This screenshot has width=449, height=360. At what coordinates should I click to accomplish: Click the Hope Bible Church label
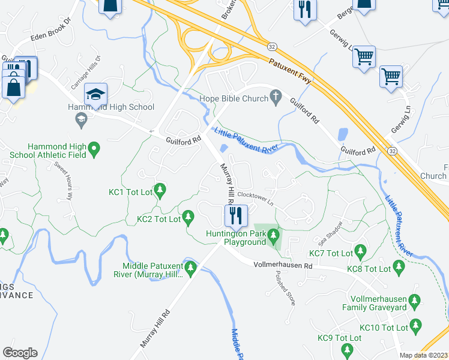coord(234,97)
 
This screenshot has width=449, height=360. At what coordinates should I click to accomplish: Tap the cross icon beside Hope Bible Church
coord(276,96)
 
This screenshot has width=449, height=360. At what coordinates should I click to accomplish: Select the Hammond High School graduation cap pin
coord(95,95)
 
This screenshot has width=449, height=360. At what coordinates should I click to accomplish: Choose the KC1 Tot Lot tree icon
coord(160,191)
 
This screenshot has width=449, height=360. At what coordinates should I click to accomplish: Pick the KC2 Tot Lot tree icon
coord(188,215)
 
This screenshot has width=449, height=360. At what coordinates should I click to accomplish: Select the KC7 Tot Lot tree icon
coord(361,250)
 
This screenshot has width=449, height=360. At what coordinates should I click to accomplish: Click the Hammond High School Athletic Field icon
coord(94,148)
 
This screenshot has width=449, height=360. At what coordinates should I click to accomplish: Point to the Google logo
coord(20,352)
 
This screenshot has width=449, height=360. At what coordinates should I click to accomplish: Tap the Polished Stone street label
coord(285,287)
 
